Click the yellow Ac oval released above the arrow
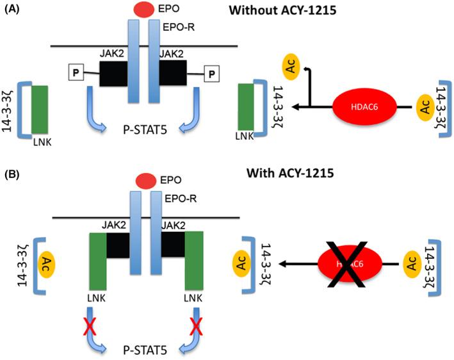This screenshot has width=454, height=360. coord(291,66)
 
